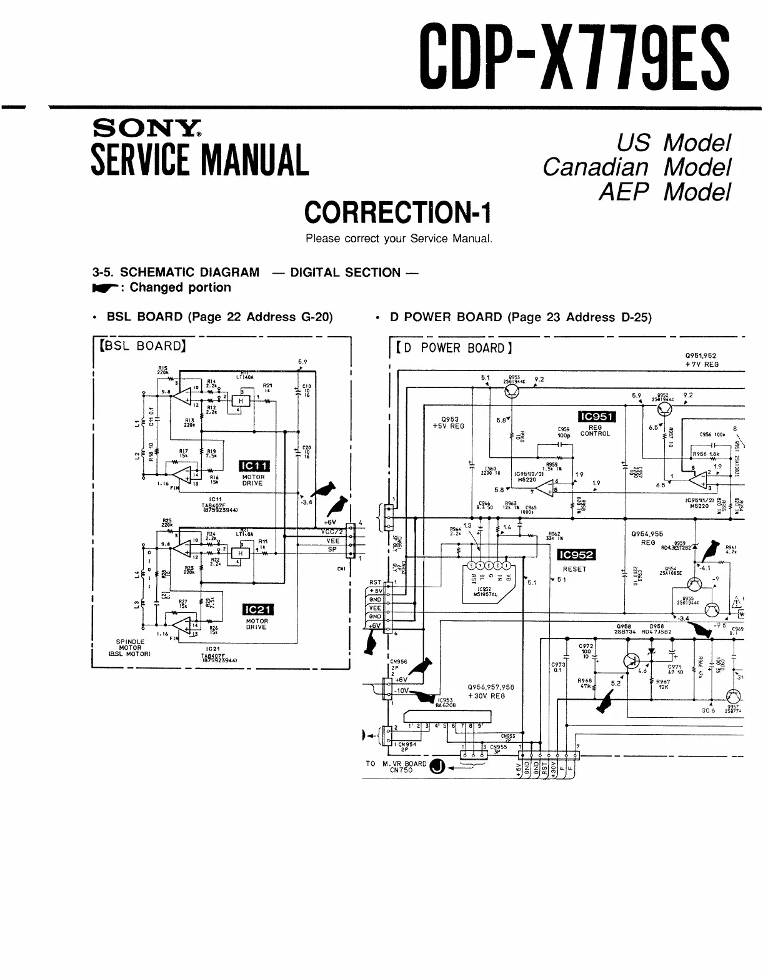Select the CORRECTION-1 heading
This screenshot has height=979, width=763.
397,212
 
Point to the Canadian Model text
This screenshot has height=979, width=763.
636,167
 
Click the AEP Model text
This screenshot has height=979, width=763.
664,192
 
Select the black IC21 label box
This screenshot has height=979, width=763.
257,610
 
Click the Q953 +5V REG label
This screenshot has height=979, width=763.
449,423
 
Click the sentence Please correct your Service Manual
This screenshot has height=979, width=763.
399,239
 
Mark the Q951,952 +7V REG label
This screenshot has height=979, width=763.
701,359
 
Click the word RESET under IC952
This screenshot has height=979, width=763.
575,569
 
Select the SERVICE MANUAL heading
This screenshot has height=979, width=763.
200,159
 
